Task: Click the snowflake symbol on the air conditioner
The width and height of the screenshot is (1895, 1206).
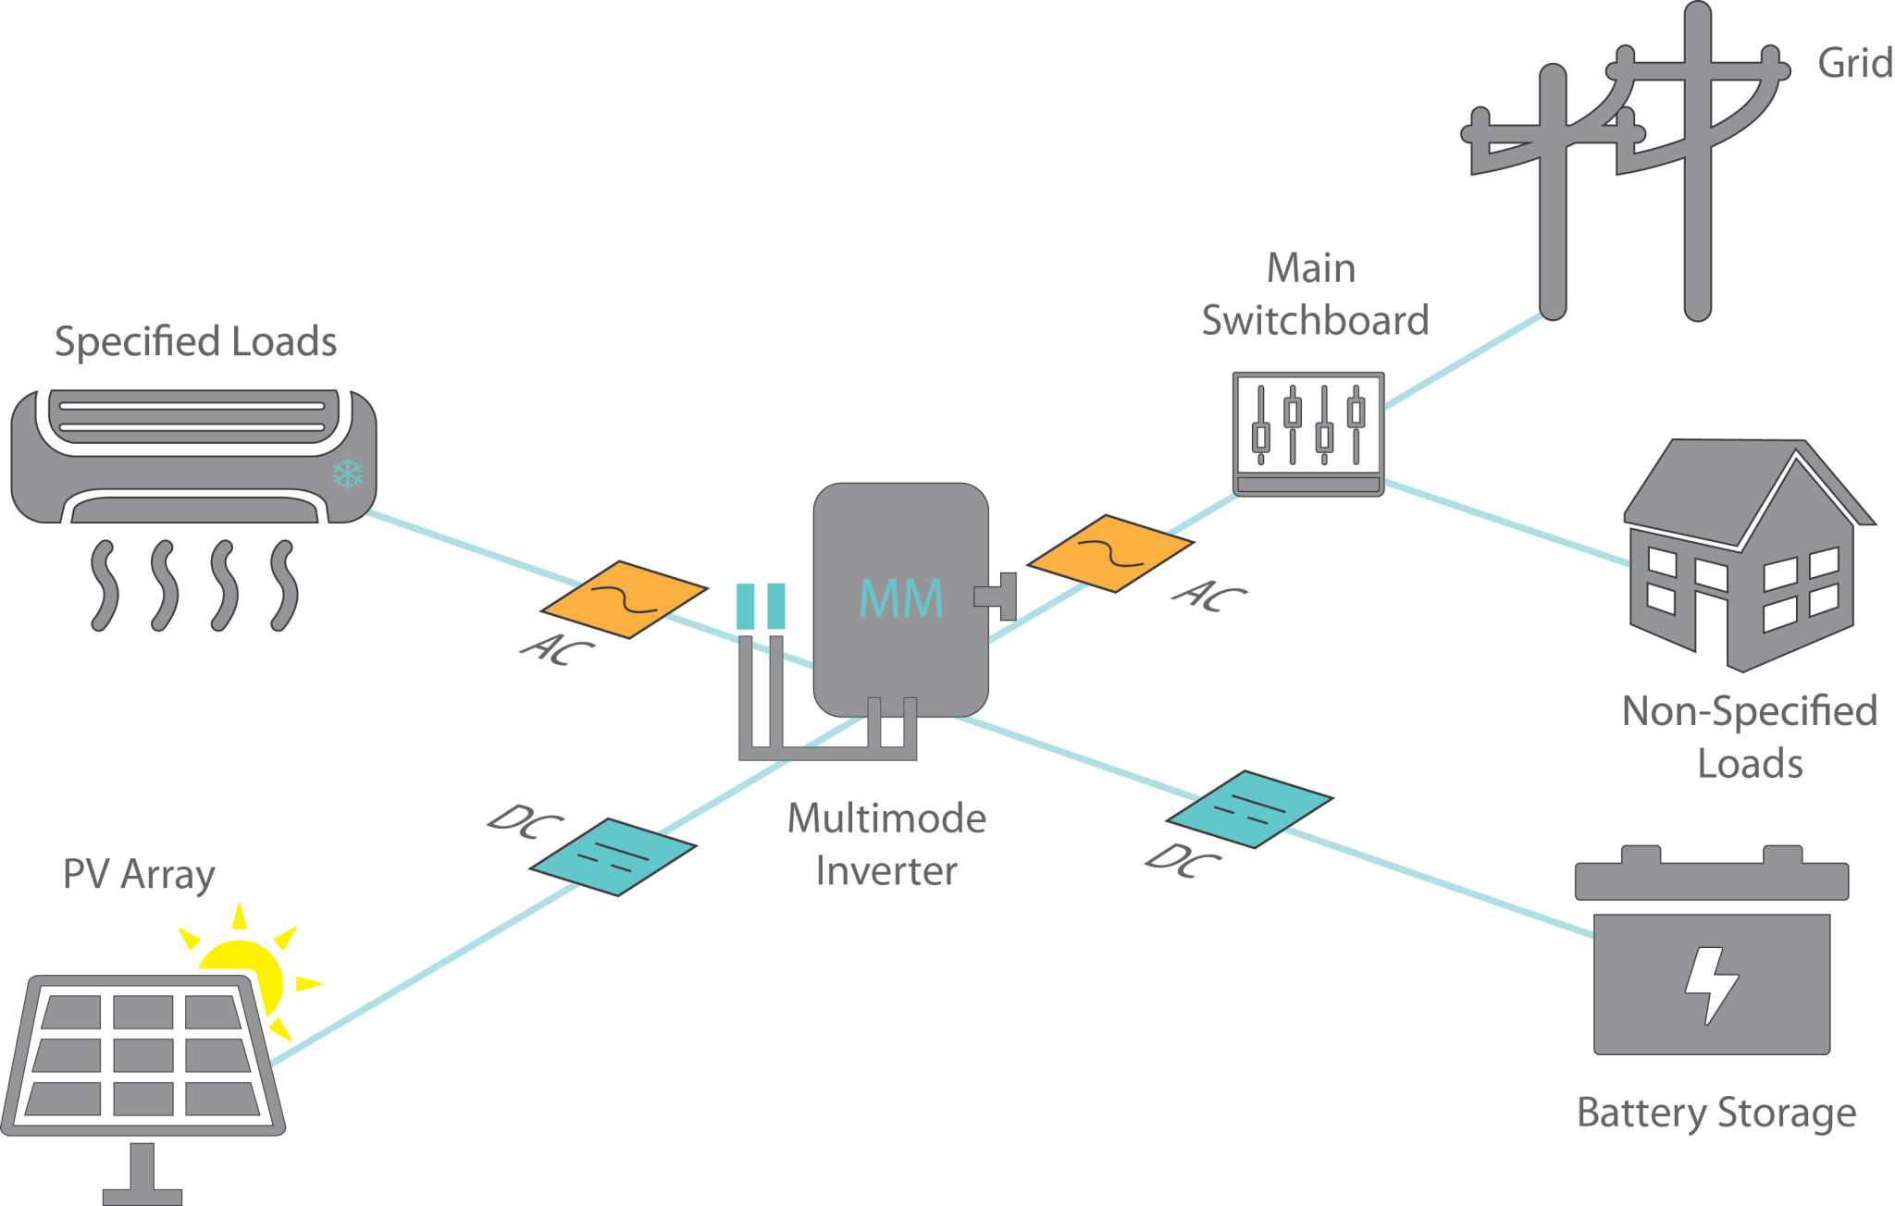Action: click(348, 474)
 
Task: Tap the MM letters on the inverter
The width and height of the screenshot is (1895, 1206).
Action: click(900, 598)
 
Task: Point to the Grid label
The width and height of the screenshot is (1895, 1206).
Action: click(1853, 64)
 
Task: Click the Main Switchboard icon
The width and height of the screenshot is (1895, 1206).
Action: click(1308, 434)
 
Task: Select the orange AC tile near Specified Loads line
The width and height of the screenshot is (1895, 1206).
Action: click(625, 599)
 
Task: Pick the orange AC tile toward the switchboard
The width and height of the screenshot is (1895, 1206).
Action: click(1110, 553)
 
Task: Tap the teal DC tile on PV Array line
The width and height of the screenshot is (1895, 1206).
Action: click(613, 856)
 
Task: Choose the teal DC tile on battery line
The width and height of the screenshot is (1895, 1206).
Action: click(1249, 808)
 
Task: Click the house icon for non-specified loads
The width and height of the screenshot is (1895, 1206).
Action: click(1744, 555)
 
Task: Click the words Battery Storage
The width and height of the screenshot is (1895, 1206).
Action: click(1715, 1113)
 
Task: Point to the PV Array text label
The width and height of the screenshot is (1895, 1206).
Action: click(139, 875)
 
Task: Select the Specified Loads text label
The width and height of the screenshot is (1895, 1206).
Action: click(195, 341)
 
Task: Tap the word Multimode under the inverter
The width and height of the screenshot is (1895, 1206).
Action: click(886, 818)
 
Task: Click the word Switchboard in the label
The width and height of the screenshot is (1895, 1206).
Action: click(1315, 321)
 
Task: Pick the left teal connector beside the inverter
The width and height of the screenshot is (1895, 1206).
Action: click(746, 607)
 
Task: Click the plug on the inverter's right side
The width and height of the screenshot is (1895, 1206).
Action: click(999, 597)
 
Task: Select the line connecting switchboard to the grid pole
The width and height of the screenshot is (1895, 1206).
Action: click(1462, 362)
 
